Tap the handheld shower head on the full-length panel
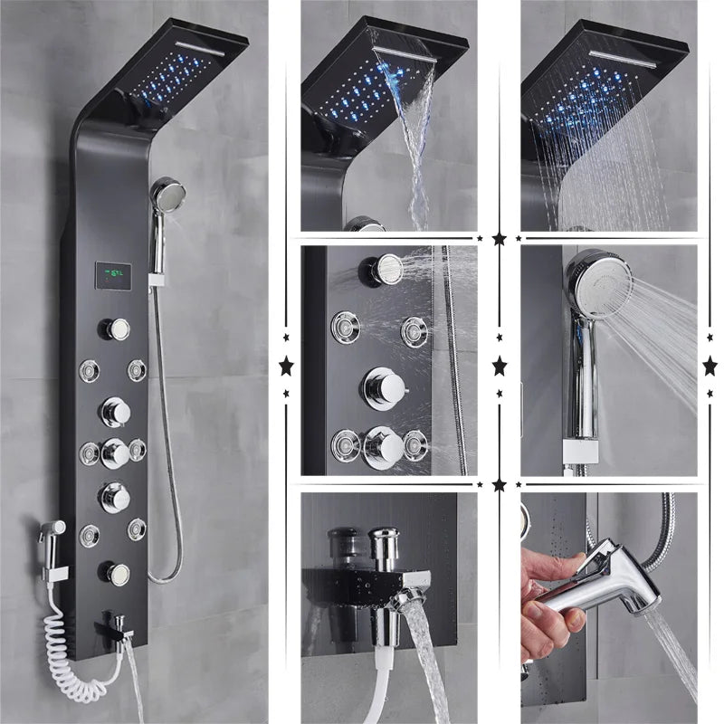(x=167, y=195)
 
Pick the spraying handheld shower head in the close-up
(x=597, y=285)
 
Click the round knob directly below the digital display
(x=116, y=329)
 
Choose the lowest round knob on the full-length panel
(x=116, y=573)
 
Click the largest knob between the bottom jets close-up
(x=383, y=446)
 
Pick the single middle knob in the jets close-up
(x=384, y=387)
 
